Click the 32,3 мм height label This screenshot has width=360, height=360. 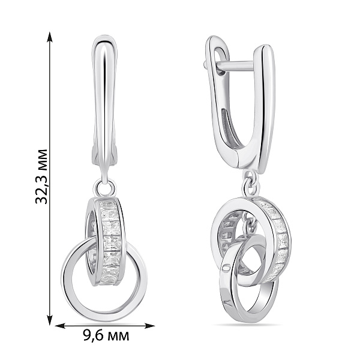tap(41, 176)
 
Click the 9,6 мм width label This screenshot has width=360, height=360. tap(106, 335)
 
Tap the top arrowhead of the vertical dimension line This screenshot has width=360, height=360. tap(50, 37)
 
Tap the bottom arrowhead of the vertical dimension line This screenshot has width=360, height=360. tap(50, 320)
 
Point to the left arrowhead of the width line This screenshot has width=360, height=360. tap(61, 326)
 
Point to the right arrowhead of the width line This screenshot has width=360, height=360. tap(149, 326)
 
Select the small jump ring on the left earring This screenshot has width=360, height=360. tap(104, 188)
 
